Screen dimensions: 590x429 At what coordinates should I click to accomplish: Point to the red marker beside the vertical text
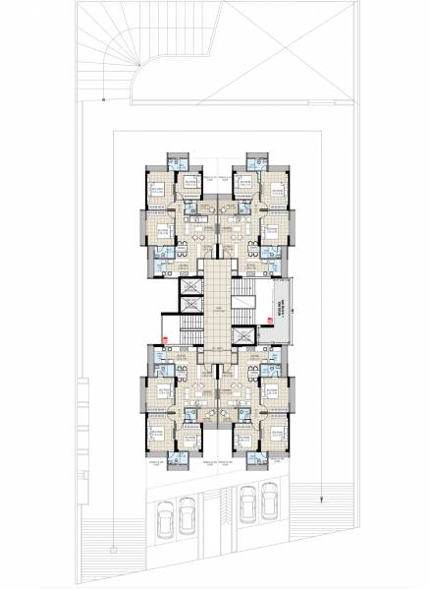[x=264, y=341]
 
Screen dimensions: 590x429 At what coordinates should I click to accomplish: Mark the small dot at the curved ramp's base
[x=105, y=100]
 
